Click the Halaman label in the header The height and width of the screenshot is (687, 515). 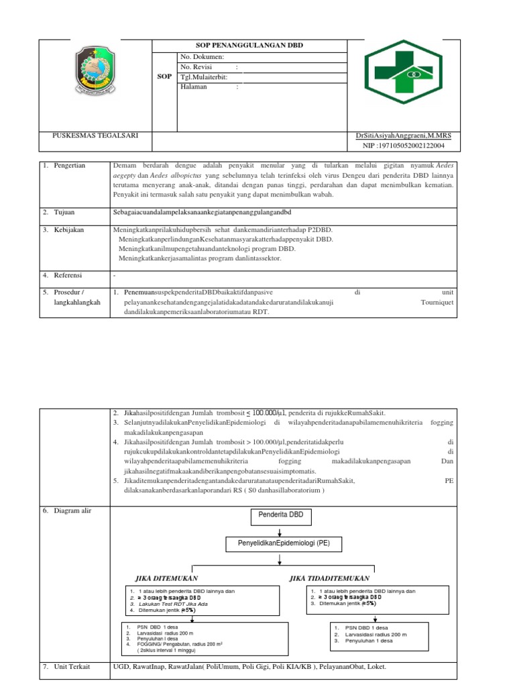tap(194, 87)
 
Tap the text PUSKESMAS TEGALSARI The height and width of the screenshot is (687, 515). tap(95, 135)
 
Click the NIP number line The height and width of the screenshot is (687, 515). tap(402, 145)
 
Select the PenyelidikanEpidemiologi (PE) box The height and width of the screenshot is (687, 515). tap(279, 542)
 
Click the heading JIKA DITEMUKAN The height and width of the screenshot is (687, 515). tap(167, 578)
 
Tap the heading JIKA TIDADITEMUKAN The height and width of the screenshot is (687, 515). tap(329, 578)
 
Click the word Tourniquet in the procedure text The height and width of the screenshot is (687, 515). tap(437, 303)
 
